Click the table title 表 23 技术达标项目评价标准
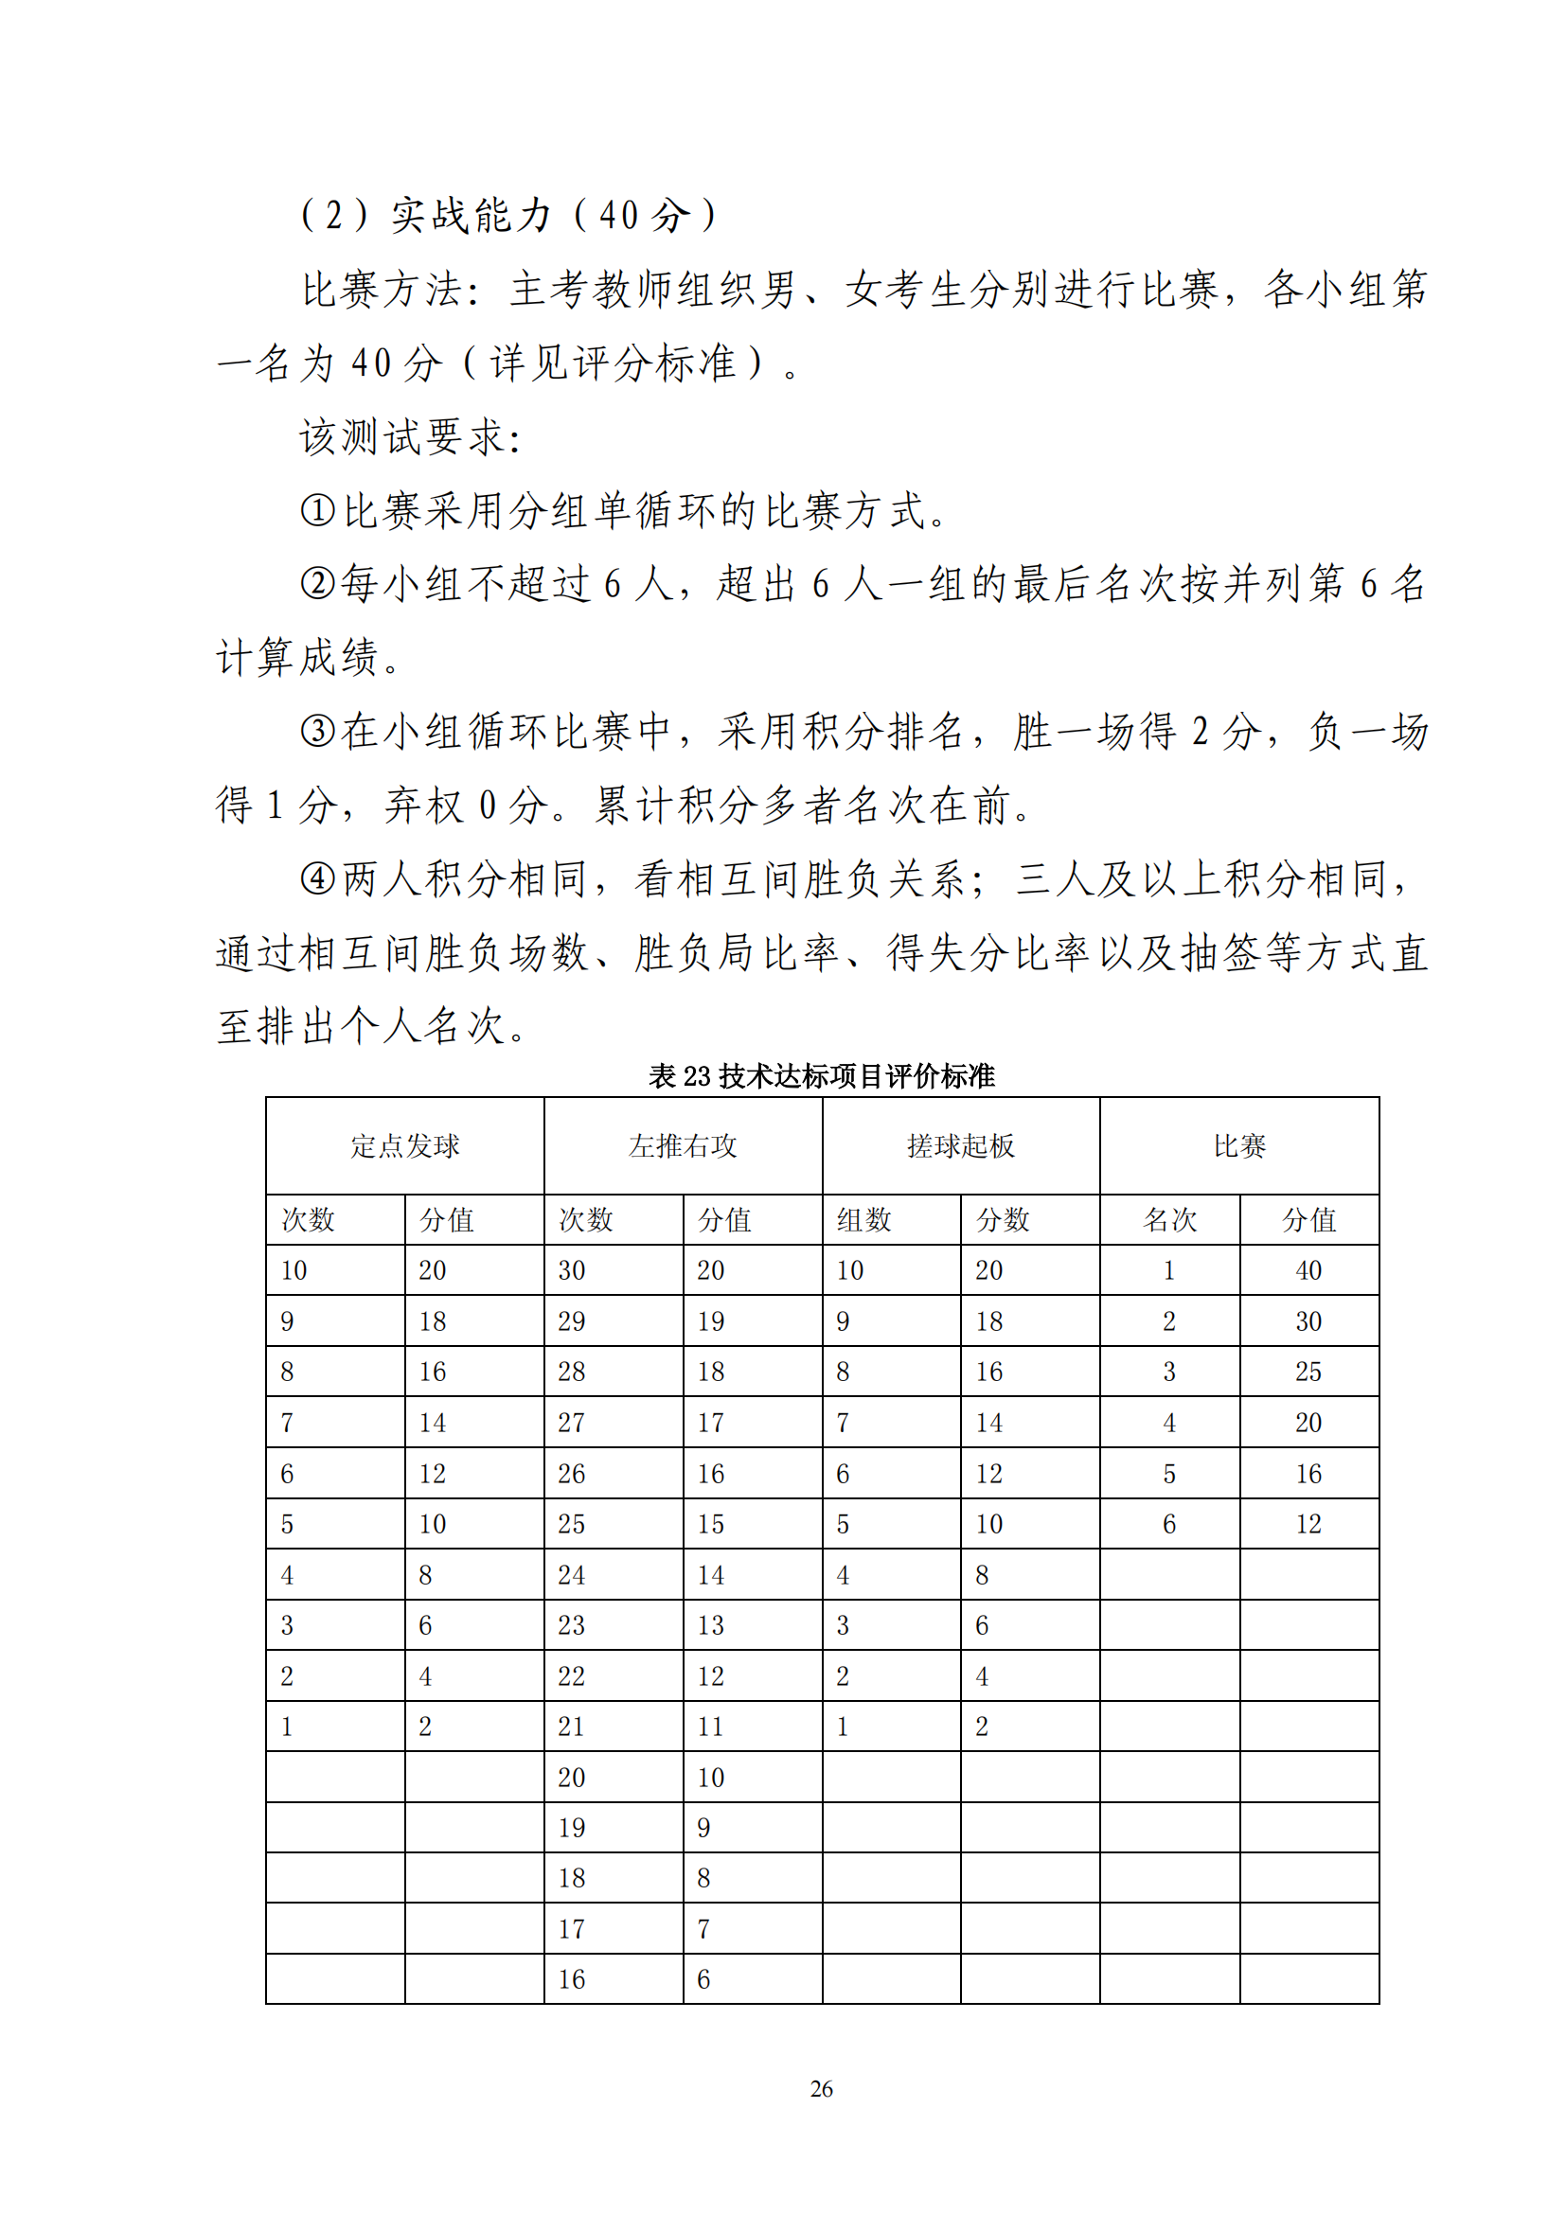(x=821, y=1075)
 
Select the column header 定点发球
(x=405, y=1145)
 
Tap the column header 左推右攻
(x=683, y=1145)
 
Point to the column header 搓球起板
(x=960, y=1145)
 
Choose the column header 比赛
(x=1239, y=1145)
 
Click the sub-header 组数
(x=864, y=1220)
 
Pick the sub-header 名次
(x=1169, y=1220)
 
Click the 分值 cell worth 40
(x=1308, y=1270)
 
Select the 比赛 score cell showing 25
(x=1308, y=1372)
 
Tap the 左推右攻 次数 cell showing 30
(x=572, y=1270)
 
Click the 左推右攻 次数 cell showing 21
(x=572, y=1727)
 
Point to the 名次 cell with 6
(x=1169, y=1524)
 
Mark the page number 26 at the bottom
(x=822, y=2089)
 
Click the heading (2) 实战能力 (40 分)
(x=509, y=214)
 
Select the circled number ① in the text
(x=317, y=510)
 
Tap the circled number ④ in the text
(x=317, y=878)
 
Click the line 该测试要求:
(x=411, y=436)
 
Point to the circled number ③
(x=317, y=731)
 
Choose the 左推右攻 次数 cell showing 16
(x=572, y=1979)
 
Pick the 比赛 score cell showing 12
(x=1308, y=1524)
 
